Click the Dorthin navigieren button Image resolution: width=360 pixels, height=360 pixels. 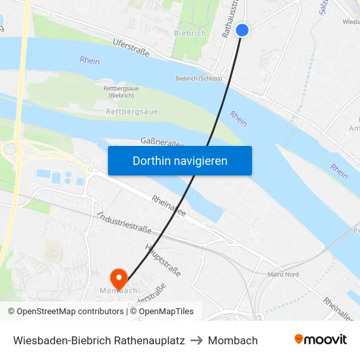coord(179,160)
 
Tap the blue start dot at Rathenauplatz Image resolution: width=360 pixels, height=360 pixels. coord(242,30)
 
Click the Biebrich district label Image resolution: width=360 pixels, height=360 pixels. coord(190,33)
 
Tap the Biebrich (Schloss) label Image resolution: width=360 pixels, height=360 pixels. coord(198,79)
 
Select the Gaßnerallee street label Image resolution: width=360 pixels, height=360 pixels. coord(162,142)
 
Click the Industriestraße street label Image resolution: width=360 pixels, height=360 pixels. coord(124,223)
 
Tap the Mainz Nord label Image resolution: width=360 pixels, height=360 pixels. coord(283,275)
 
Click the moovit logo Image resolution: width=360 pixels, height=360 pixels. coord(320,340)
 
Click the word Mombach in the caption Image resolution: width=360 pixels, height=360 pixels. coord(233,340)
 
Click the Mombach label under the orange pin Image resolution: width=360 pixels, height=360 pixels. coord(118,290)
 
